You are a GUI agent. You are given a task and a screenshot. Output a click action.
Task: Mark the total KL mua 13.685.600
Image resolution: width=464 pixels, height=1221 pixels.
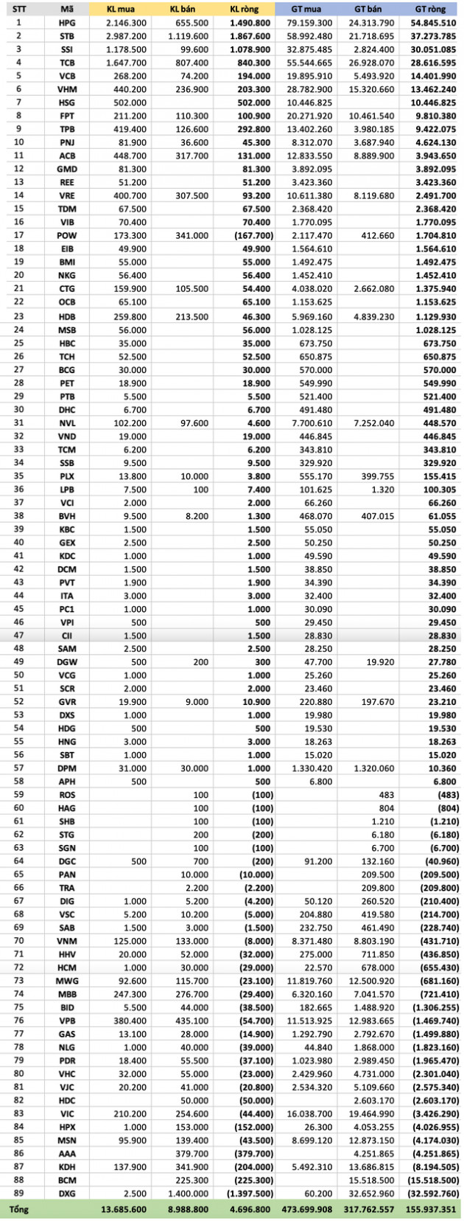122,1209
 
